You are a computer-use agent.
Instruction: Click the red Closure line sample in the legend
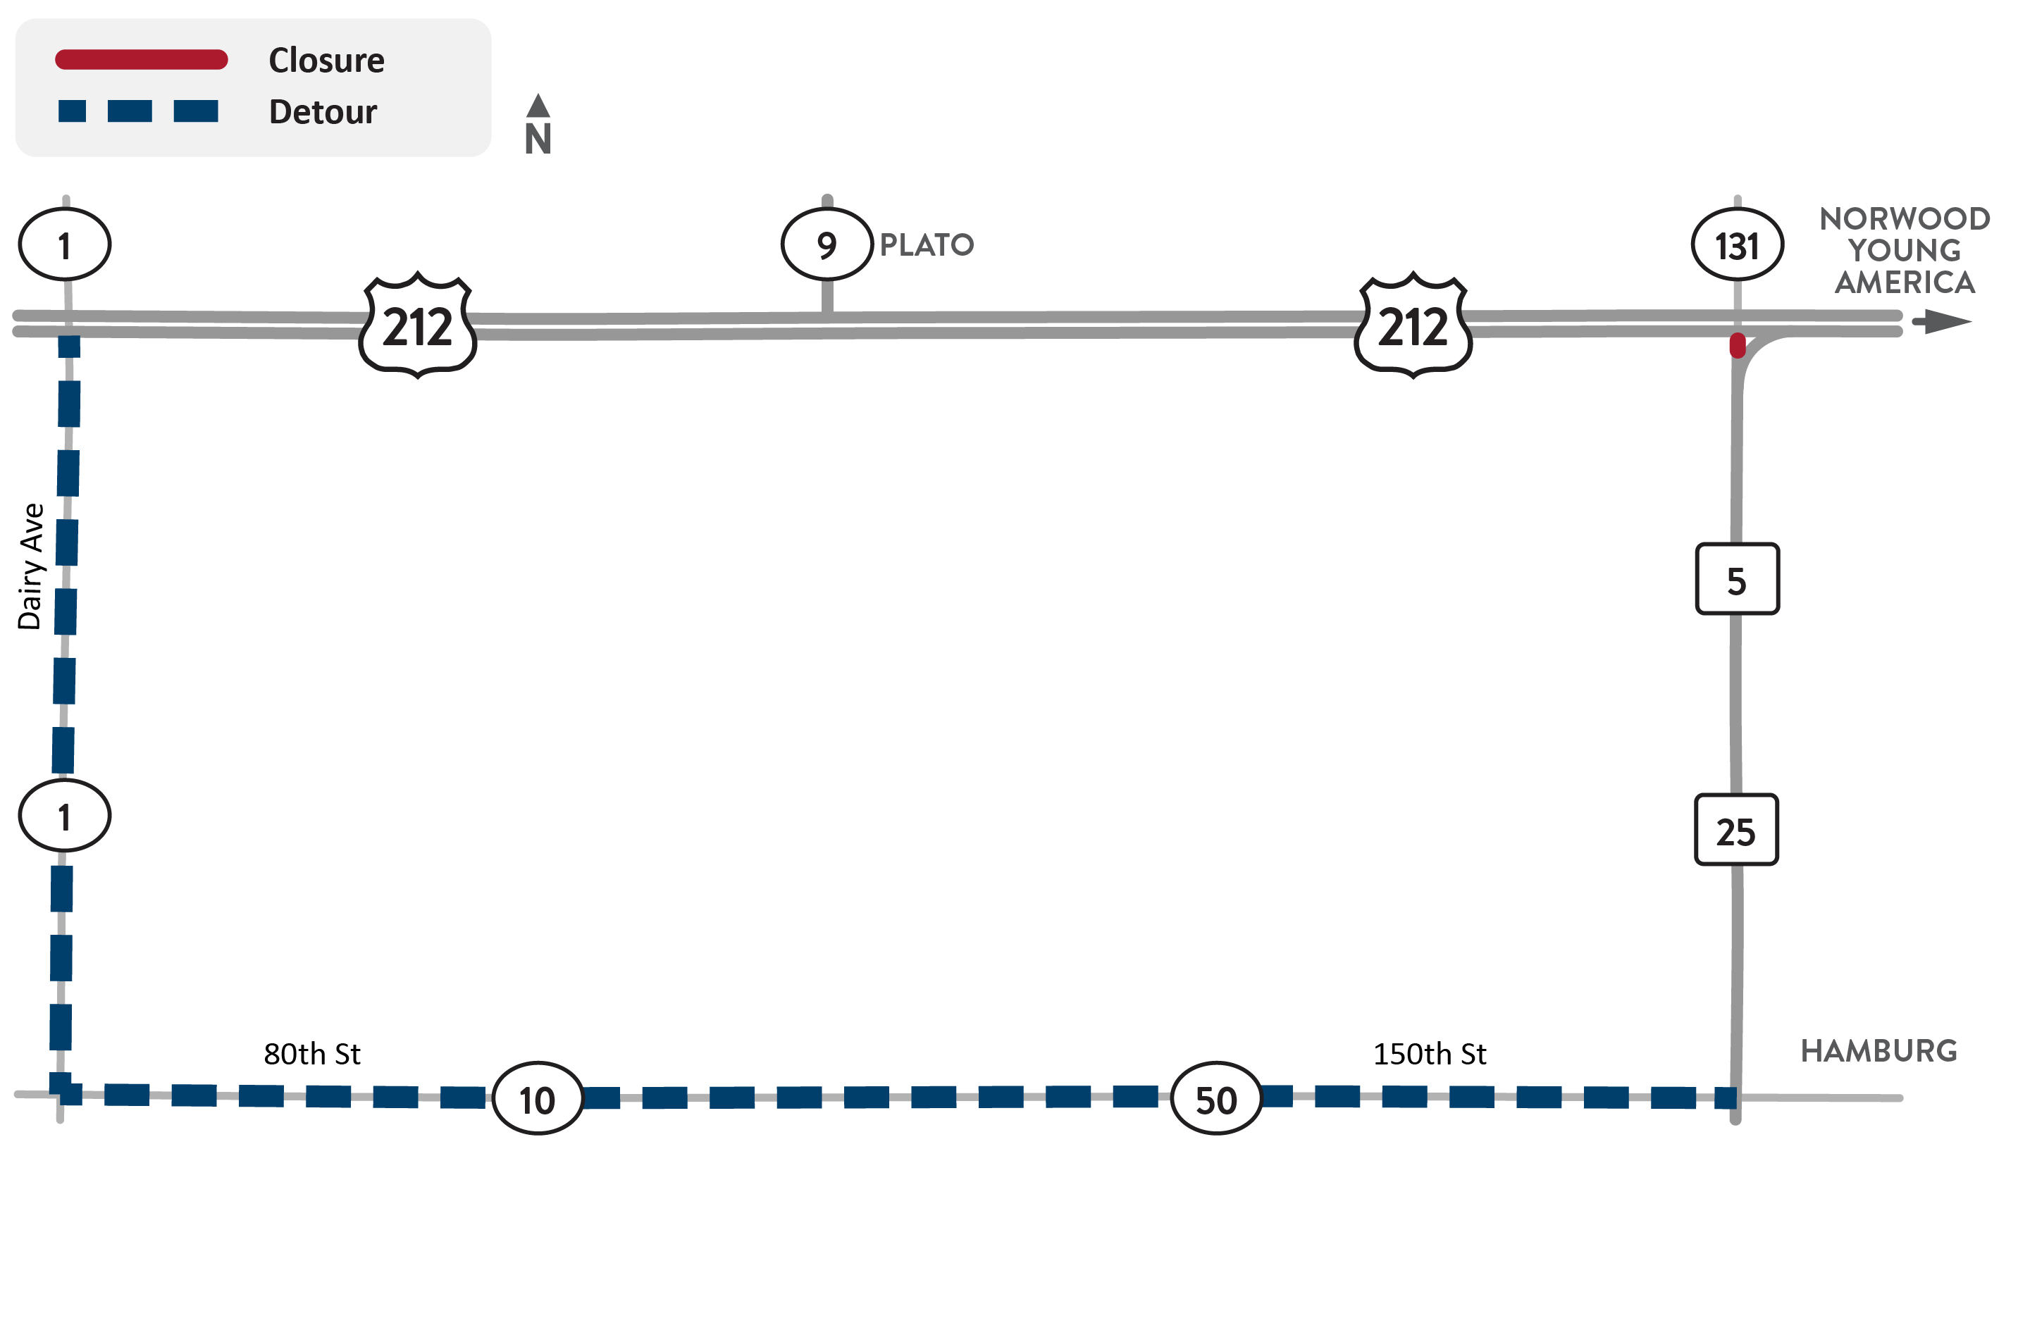(142, 59)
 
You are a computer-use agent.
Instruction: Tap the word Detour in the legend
(323, 112)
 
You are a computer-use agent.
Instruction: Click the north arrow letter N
(538, 139)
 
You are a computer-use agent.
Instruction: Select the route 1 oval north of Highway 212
(64, 244)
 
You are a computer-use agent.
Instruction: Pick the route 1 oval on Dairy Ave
(64, 815)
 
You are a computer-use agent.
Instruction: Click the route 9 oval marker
(827, 244)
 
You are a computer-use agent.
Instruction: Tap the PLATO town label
(927, 245)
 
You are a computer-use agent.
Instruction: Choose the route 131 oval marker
(1738, 244)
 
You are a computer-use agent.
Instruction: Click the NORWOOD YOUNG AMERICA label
(1905, 250)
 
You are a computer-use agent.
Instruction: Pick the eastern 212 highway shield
(1413, 325)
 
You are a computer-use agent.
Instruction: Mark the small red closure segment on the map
(1738, 345)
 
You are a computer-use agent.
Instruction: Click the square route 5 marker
(1738, 578)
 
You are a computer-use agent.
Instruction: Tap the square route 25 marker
(1736, 830)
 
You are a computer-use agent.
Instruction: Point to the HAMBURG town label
(1880, 1051)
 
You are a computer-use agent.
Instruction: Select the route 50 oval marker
(1216, 1098)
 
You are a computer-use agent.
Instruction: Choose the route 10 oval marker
(538, 1098)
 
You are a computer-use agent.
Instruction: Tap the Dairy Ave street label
(30, 566)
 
